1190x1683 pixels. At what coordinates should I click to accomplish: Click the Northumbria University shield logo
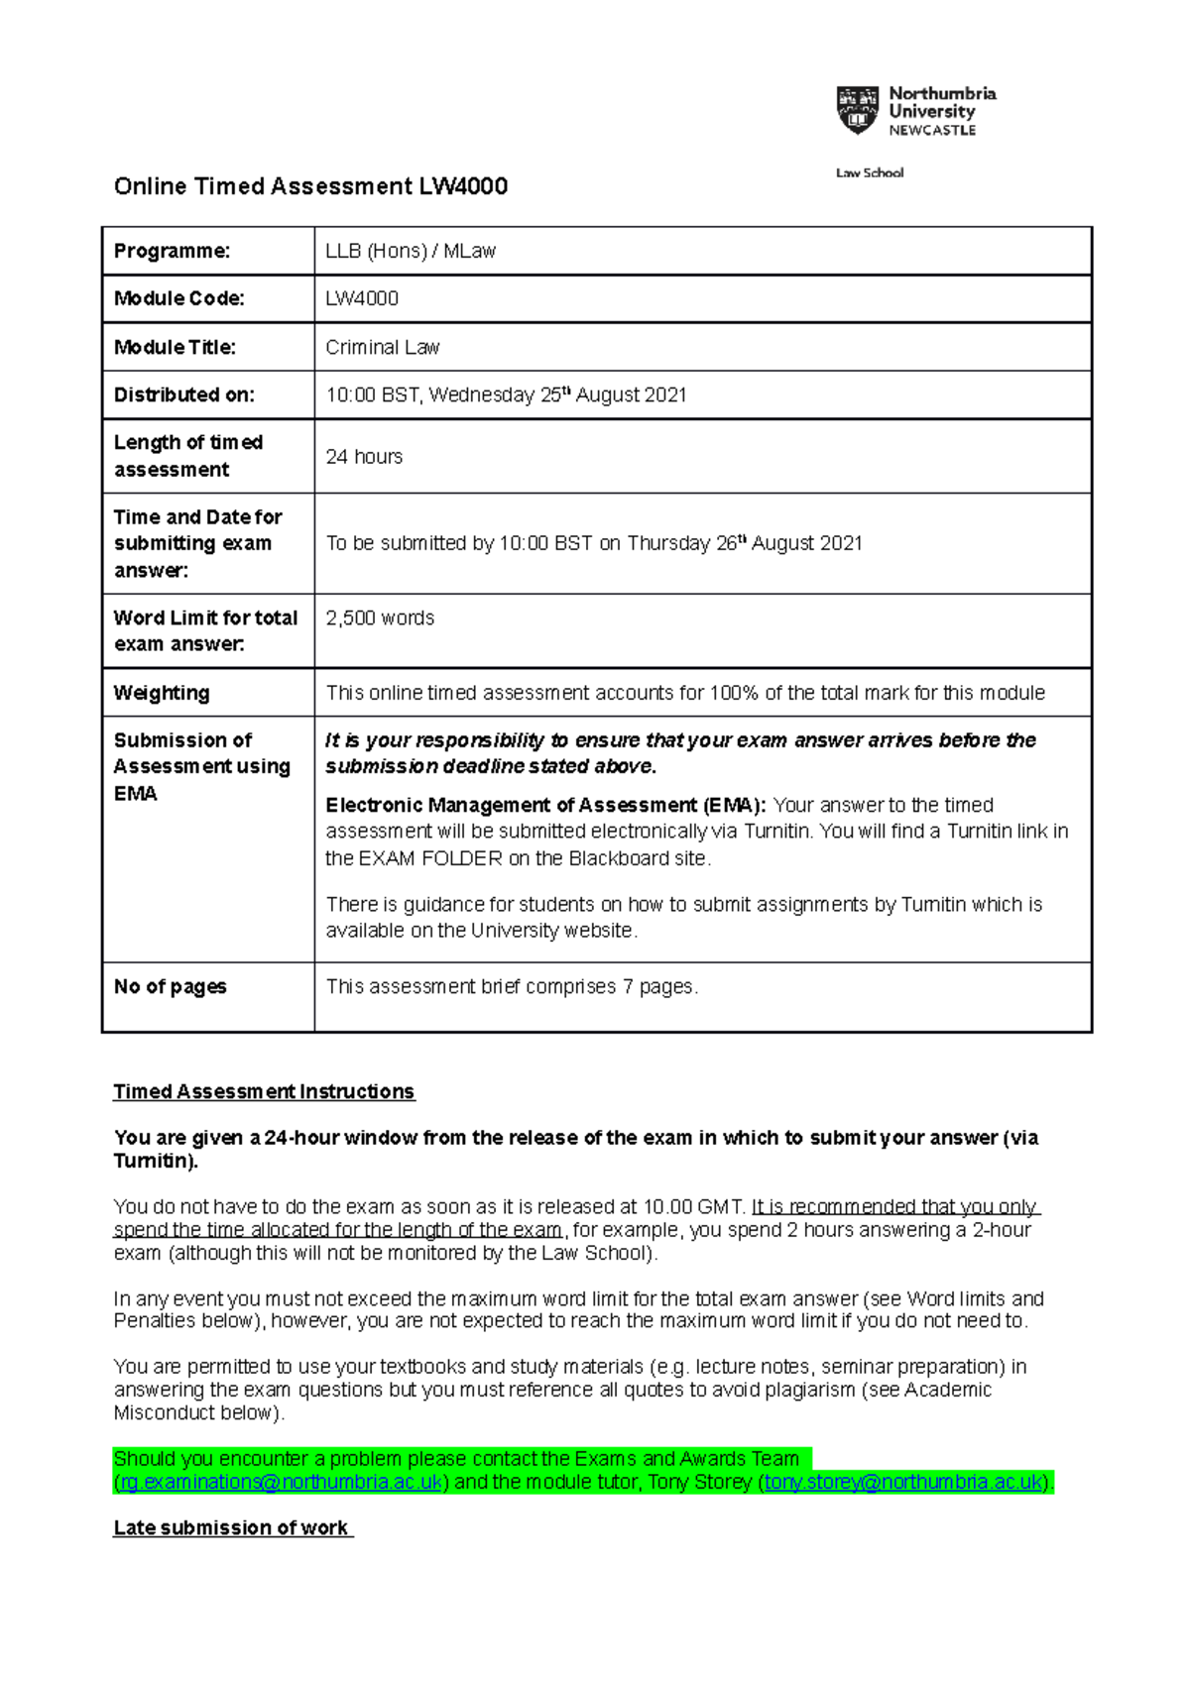[x=858, y=110]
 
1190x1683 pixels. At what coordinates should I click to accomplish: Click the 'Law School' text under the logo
[x=870, y=172]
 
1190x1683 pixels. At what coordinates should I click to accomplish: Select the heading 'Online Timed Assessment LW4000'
[x=310, y=186]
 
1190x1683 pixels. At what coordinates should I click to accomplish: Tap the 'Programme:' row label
[x=172, y=251]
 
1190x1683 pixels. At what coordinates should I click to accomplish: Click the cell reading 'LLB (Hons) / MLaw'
[x=411, y=251]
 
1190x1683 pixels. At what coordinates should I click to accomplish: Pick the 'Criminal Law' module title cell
[x=383, y=347]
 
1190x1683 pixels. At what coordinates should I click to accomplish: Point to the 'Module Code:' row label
[x=178, y=298]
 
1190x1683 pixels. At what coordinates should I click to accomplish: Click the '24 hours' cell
[x=364, y=457]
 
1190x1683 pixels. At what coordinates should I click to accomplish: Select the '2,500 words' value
[x=380, y=617]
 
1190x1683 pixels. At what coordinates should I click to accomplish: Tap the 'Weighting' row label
[x=162, y=693]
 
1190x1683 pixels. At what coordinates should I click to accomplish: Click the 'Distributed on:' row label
[x=183, y=394]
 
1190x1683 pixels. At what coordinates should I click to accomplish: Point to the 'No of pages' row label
[x=170, y=986]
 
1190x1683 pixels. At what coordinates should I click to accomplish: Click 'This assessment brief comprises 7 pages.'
[x=512, y=986]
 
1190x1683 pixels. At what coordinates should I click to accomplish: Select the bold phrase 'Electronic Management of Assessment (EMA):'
[x=545, y=805]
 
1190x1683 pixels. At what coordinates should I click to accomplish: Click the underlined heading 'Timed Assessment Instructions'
[x=264, y=1091]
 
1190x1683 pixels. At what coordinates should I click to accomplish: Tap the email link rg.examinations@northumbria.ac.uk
[x=281, y=1482]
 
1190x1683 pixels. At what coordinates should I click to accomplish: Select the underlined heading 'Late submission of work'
[x=231, y=1527]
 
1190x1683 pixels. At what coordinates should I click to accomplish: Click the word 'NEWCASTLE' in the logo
[x=932, y=130]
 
